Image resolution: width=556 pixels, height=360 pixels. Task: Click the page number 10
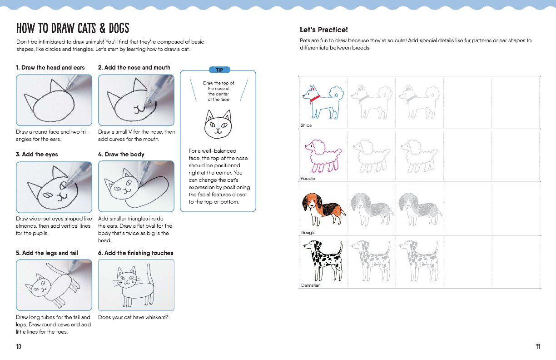tap(19, 347)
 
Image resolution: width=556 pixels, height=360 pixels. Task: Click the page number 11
tap(538, 347)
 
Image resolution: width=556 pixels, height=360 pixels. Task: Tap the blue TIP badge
tap(219, 70)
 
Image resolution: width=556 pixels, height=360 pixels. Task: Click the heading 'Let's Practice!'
tap(323, 30)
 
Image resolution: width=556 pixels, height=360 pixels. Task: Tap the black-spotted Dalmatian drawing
tap(323, 261)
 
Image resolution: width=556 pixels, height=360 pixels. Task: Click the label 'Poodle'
tap(308, 179)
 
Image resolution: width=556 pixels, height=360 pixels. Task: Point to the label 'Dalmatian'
tap(311, 285)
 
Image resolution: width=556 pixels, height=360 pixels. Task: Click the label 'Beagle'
tap(308, 233)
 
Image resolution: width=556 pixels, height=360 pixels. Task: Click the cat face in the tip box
tap(218, 125)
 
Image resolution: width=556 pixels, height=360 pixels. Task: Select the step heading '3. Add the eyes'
tap(37, 155)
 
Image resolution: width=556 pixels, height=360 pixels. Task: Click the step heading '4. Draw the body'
tap(121, 155)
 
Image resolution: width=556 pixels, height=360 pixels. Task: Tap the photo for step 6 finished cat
tap(136, 285)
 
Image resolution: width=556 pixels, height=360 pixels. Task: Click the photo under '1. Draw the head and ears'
tap(54, 100)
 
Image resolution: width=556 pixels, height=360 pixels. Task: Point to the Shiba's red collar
tap(313, 97)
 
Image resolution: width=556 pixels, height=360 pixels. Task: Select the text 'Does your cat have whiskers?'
tap(133, 317)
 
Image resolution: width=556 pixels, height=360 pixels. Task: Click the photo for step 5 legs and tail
tap(54, 285)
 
